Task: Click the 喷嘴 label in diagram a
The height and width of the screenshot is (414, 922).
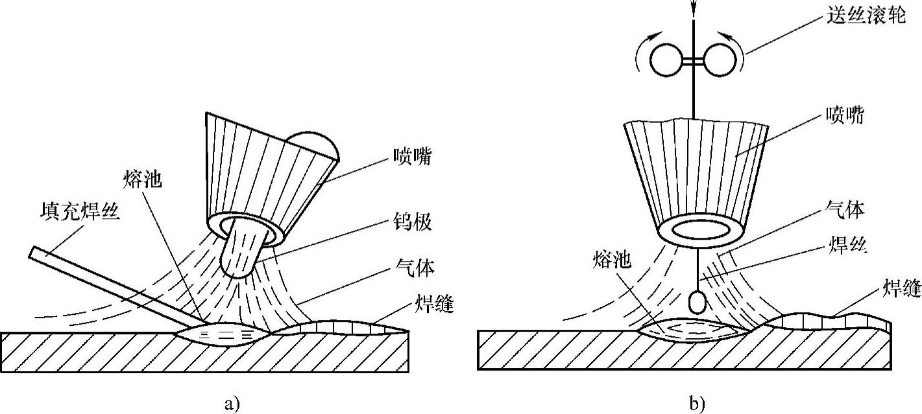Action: (x=412, y=157)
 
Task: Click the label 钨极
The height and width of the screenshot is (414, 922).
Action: (x=412, y=222)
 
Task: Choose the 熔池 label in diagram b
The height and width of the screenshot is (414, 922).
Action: (x=611, y=260)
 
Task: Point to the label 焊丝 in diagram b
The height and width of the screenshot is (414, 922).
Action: (x=844, y=246)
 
